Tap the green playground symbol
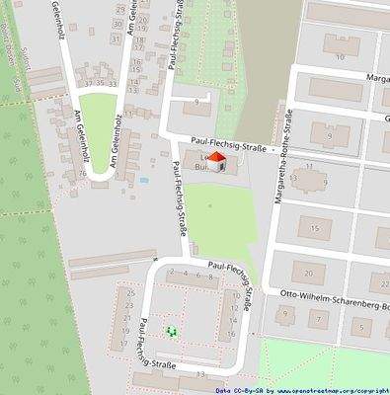171,332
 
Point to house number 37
87,85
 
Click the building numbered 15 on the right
315,229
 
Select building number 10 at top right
341,57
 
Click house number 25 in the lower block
129,292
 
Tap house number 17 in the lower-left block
123,345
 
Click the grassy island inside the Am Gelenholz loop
100,137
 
